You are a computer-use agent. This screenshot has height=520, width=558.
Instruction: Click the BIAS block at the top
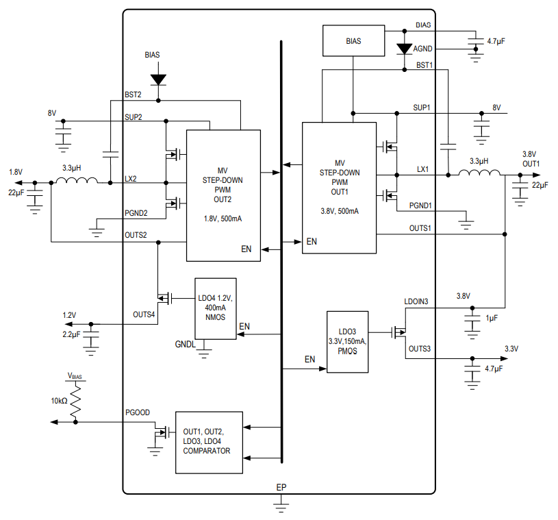tap(353, 41)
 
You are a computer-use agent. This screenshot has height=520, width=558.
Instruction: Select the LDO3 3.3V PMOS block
tap(347, 341)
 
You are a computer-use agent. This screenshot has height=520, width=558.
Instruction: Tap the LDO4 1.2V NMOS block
tap(216, 304)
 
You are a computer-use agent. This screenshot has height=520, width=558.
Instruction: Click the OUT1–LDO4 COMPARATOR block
tap(209, 442)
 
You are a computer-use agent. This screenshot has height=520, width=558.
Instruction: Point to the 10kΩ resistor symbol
tap(75, 400)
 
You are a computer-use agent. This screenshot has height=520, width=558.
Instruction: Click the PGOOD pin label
tap(137, 412)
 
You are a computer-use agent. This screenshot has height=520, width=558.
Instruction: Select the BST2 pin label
tap(133, 95)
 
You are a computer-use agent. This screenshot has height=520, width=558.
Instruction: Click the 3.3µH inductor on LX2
tap(76, 182)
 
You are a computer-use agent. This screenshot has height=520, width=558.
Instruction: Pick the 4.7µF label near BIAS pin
tap(496, 42)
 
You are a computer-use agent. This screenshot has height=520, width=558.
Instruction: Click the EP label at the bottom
tap(281, 487)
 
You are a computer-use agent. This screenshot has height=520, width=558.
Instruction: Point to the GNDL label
tap(186, 344)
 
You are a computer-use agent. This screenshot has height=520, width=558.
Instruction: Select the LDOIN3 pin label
tap(416, 301)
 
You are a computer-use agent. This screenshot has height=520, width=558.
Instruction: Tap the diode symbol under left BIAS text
tap(158, 79)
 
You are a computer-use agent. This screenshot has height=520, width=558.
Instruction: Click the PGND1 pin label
tap(420, 206)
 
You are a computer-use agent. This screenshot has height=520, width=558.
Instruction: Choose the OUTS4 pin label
tap(144, 314)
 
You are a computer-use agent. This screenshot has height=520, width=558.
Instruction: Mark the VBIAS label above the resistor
tap(75, 375)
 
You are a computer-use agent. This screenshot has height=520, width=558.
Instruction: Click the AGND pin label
tap(422, 49)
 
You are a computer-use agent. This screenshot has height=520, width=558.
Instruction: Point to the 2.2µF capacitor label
tap(71, 334)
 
